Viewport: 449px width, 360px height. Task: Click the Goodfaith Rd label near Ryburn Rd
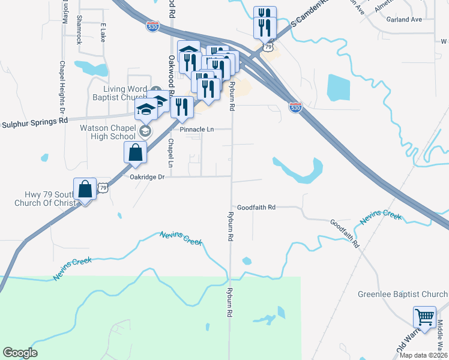coord(256,207)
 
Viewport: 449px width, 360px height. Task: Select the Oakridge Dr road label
coord(147,177)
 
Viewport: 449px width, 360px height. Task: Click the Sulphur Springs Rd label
coord(34,121)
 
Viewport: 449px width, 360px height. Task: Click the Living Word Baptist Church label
coord(121,93)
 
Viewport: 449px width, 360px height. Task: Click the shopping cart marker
coord(424,317)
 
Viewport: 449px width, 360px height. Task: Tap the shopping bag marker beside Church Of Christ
coord(85,189)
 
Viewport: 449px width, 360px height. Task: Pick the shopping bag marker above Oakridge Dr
coord(135,152)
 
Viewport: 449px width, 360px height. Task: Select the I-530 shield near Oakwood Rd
coord(153,27)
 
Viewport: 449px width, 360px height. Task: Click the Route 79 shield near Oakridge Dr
coord(104,188)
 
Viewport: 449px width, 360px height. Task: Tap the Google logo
coord(20,353)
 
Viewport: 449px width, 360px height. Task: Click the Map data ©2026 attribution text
coord(423,355)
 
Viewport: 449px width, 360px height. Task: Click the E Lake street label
coord(103,32)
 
